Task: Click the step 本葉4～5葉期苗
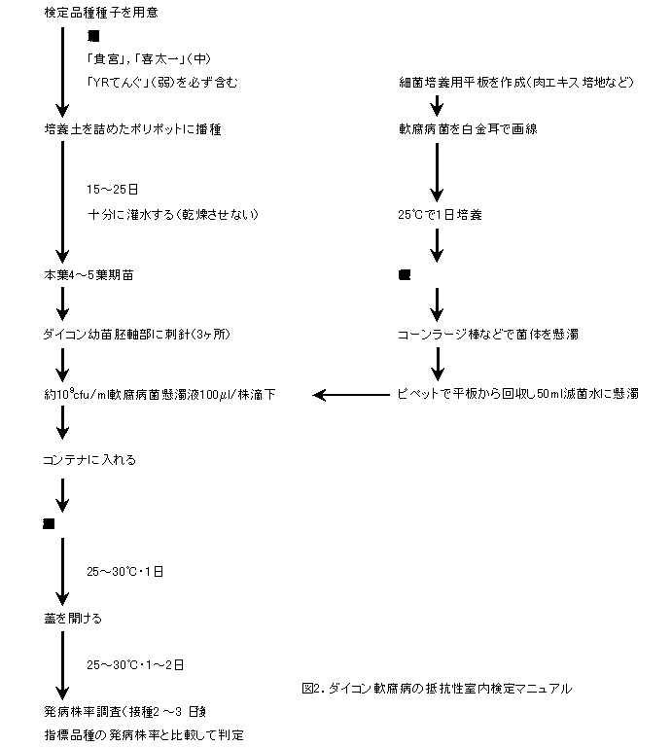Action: tap(89, 276)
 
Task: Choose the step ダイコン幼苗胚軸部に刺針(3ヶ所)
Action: tap(136, 335)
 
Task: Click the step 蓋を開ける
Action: tap(72, 618)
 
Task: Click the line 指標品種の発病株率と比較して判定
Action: tap(143, 734)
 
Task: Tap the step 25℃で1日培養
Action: tap(441, 214)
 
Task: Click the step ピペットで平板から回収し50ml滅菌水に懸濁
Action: tap(516, 394)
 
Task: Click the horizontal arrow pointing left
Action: tap(350, 394)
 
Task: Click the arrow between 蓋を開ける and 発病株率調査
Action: tap(62, 665)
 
